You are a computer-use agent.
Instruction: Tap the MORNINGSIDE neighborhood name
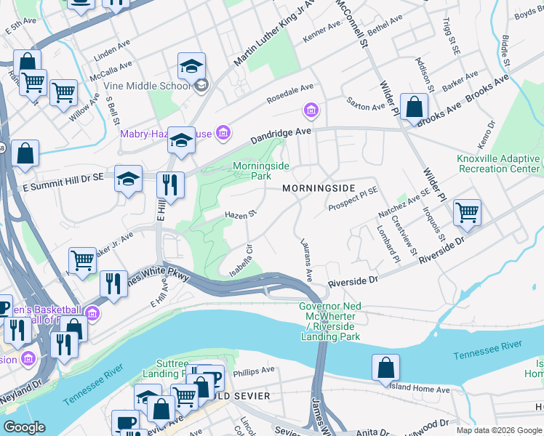319,188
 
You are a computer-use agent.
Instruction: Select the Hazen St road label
241,214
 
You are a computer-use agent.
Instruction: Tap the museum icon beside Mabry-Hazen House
223,132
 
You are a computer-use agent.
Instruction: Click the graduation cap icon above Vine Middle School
191,66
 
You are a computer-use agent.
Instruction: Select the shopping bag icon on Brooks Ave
414,107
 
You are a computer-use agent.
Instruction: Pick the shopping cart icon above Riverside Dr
467,213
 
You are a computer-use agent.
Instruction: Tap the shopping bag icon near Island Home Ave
385,368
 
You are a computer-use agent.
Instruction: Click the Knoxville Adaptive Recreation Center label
498,163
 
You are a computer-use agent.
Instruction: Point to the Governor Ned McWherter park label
329,321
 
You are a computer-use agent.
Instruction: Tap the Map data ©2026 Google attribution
499,430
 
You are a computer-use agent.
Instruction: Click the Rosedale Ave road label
289,92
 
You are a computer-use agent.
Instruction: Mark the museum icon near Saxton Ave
311,110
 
